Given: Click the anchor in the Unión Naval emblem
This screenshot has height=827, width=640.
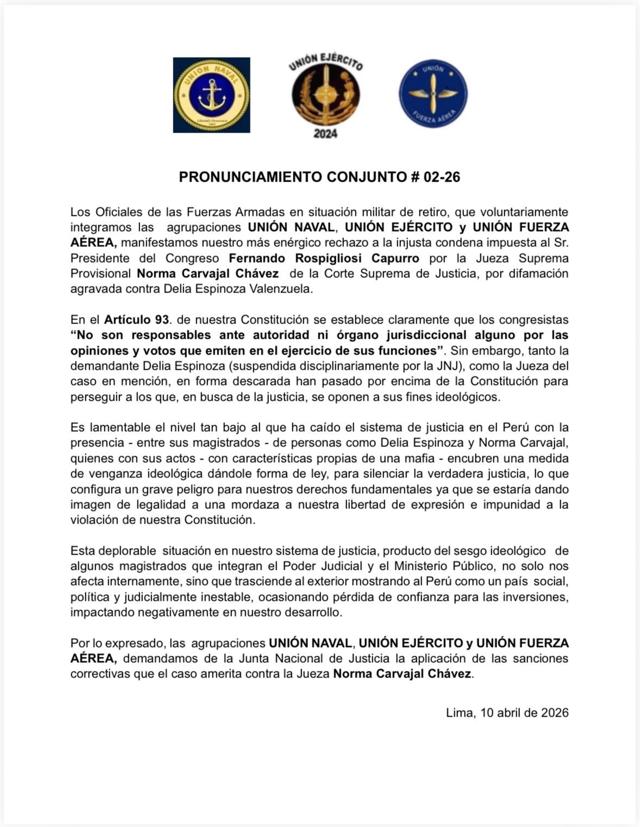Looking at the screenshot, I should point(211,95).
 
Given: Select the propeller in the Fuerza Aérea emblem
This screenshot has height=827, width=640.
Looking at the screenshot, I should point(433,93).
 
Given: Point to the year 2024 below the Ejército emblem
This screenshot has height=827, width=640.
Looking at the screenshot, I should point(325,134).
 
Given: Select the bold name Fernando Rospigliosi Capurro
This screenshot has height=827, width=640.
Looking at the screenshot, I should point(324,258).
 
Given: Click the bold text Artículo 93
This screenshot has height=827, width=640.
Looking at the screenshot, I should point(136,320).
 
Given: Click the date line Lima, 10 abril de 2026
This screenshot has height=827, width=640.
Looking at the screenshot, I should point(507,713).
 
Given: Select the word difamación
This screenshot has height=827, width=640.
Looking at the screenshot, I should point(538,273).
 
